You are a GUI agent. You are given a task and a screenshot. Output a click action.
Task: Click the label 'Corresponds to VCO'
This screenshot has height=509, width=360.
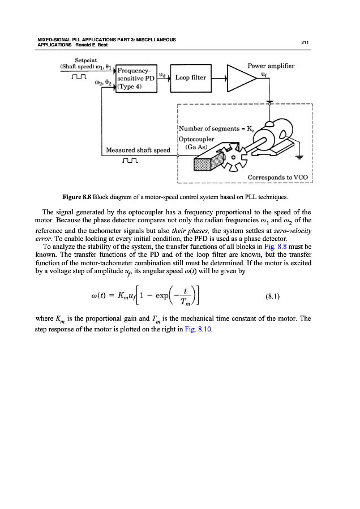point(277,177)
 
